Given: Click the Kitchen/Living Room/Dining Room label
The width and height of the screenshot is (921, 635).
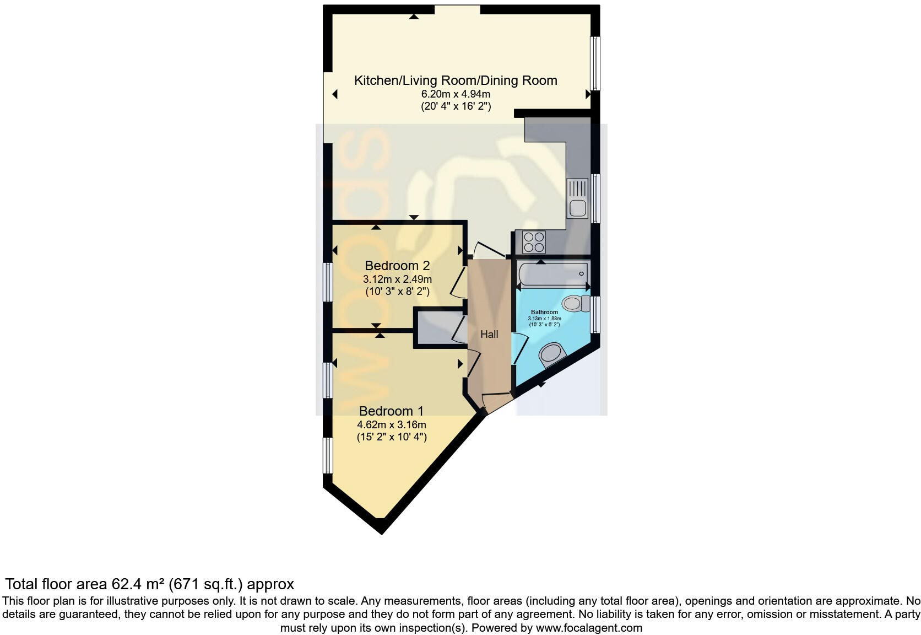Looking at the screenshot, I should pos(456,80).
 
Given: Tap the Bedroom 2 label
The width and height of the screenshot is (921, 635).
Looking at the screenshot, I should pos(397,266).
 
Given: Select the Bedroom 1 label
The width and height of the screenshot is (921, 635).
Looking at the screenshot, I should pos(391,411).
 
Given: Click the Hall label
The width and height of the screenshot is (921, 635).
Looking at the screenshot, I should pos(489,334).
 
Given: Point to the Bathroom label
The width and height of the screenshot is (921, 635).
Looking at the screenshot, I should pos(544,312).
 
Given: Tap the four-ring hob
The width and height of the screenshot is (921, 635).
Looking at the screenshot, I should pos(534,242).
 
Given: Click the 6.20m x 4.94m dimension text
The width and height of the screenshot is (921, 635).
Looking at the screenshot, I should pos(456,94).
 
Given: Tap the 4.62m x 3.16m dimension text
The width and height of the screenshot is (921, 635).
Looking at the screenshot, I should pos(392,424).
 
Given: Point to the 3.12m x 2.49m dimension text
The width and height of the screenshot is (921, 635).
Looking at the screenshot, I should pos(397,279).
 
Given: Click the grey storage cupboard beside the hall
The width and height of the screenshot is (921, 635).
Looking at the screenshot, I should pos(439,329).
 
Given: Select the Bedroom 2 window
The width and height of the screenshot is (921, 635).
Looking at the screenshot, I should pos(328,282).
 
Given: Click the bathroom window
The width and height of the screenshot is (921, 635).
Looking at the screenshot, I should pos(594,315).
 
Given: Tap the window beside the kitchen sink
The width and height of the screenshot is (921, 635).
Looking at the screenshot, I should pos(595,198).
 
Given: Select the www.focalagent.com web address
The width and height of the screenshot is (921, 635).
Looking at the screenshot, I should pos(589,627).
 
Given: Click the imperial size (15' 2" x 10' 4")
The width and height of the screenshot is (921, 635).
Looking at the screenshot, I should pos(392,437).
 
